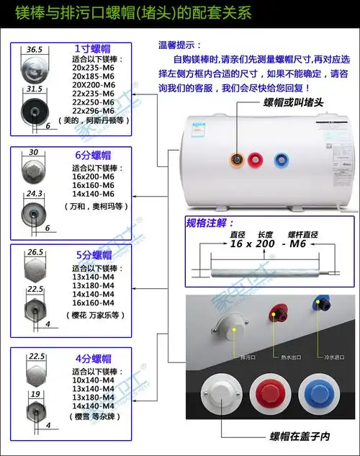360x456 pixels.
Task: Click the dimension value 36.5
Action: (35, 50)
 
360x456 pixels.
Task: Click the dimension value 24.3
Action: (35, 195)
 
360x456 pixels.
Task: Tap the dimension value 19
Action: (35, 394)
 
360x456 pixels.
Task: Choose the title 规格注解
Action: (210, 223)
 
